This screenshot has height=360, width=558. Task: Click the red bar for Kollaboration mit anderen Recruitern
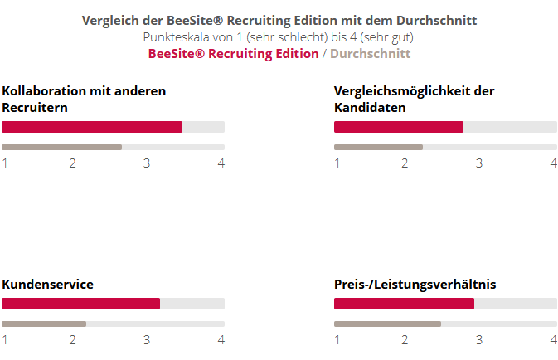point(92,127)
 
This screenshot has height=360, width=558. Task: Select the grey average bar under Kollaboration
point(62,147)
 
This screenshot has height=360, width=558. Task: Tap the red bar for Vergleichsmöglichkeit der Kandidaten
point(399,127)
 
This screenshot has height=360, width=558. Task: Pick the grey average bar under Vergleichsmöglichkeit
point(378,147)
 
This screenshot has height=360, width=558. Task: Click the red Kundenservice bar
point(80,304)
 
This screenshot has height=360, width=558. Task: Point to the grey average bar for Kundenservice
point(44,324)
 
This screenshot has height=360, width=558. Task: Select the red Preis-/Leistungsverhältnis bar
point(404,304)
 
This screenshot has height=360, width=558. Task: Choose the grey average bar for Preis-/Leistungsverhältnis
point(387,324)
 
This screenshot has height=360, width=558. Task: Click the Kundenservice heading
point(47,285)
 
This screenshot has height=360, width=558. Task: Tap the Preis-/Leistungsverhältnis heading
point(415,285)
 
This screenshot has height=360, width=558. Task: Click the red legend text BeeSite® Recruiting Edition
point(233,54)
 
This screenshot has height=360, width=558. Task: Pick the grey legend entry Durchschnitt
point(370,54)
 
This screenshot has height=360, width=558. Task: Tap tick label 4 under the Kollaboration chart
point(221,163)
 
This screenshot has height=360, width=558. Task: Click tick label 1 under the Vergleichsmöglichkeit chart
point(337,163)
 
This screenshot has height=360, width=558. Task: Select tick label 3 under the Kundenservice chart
point(147,339)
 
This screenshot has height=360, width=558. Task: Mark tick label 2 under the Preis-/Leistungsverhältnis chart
point(405,339)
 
